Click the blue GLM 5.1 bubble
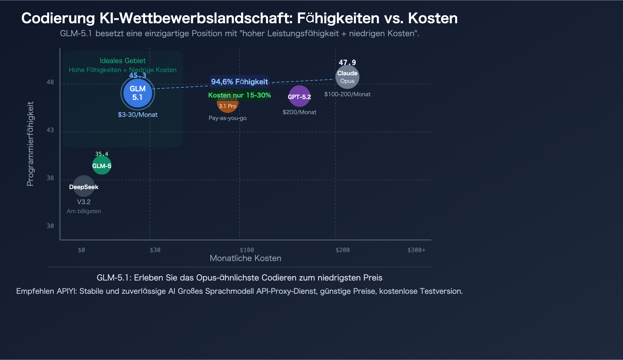tap(138, 93)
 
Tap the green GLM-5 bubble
tap(102, 165)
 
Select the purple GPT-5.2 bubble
tap(299, 96)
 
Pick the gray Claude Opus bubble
tap(347, 77)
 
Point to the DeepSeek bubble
tap(84, 186)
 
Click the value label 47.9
tap(347, 62)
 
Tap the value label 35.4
tap(102, 154)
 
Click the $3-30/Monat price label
tap(138, 115)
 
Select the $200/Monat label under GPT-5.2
tap(299, 112)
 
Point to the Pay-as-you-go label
tap(227, 118)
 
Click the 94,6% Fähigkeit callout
tap(239, 81)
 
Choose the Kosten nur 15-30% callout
tap(239, 95)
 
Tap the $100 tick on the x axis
tap(247, 250)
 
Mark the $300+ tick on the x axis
tap(416, 250)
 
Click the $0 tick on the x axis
tap(81, 250)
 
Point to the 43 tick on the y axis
tap(50, 130)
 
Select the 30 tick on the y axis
tap(50, 226)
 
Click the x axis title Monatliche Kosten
tap(245, 258)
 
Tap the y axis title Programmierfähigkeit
tap(30, 144)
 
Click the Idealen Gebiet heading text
tap(123, 61)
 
